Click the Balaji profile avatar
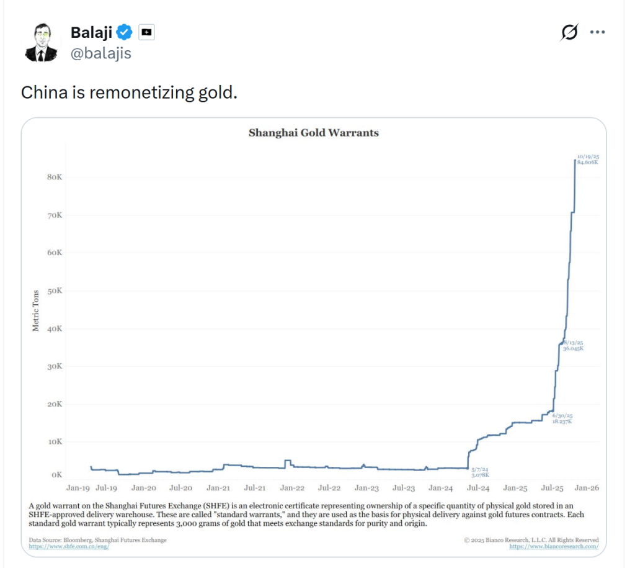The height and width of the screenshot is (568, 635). coord(42,43)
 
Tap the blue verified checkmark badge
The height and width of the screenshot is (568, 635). coord(125,32)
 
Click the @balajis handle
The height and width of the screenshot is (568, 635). coord(101,53)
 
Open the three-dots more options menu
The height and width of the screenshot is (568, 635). coord(597,32)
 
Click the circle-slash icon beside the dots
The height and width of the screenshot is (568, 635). coord(569,32)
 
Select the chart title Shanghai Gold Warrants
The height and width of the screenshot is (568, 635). coord(313,133)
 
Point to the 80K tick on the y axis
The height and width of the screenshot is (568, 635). coord(55,178)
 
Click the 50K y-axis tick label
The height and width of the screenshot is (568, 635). coord(55,291)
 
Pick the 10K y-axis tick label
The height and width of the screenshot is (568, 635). coord(55,442)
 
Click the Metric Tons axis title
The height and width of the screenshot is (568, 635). coord(35,310)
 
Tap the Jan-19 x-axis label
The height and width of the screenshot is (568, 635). coord(79,489)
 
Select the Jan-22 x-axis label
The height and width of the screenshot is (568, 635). coord(291,489)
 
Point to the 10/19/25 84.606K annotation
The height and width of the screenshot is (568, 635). coord(587,159)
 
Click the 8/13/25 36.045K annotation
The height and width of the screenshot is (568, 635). coord(573,346)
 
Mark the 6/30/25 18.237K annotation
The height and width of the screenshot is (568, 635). coord(562,418)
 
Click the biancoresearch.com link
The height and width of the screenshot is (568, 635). coord(554,547)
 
